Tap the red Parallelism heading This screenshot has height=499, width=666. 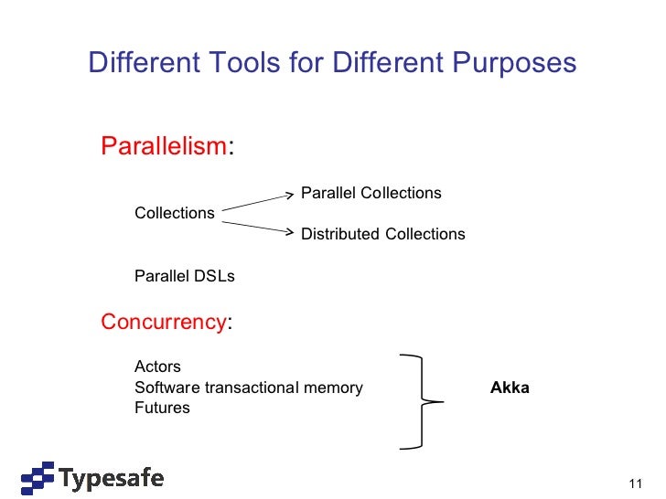click(164, 146)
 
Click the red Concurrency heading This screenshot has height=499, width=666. click(164, 322)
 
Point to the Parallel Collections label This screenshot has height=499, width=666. click(371, 193)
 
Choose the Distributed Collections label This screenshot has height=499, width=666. click(383, 234)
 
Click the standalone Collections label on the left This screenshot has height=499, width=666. click(175, 213)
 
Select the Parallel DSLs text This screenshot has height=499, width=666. click(185, 275)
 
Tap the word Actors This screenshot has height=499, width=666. click(157, 366)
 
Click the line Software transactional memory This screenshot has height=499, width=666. click(249, 388)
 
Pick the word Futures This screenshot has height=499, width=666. click(162, 408)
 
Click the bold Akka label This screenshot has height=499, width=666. click(510, 388)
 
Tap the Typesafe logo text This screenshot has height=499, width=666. click(112, 478)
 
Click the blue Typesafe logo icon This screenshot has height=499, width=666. click(38, 478)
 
